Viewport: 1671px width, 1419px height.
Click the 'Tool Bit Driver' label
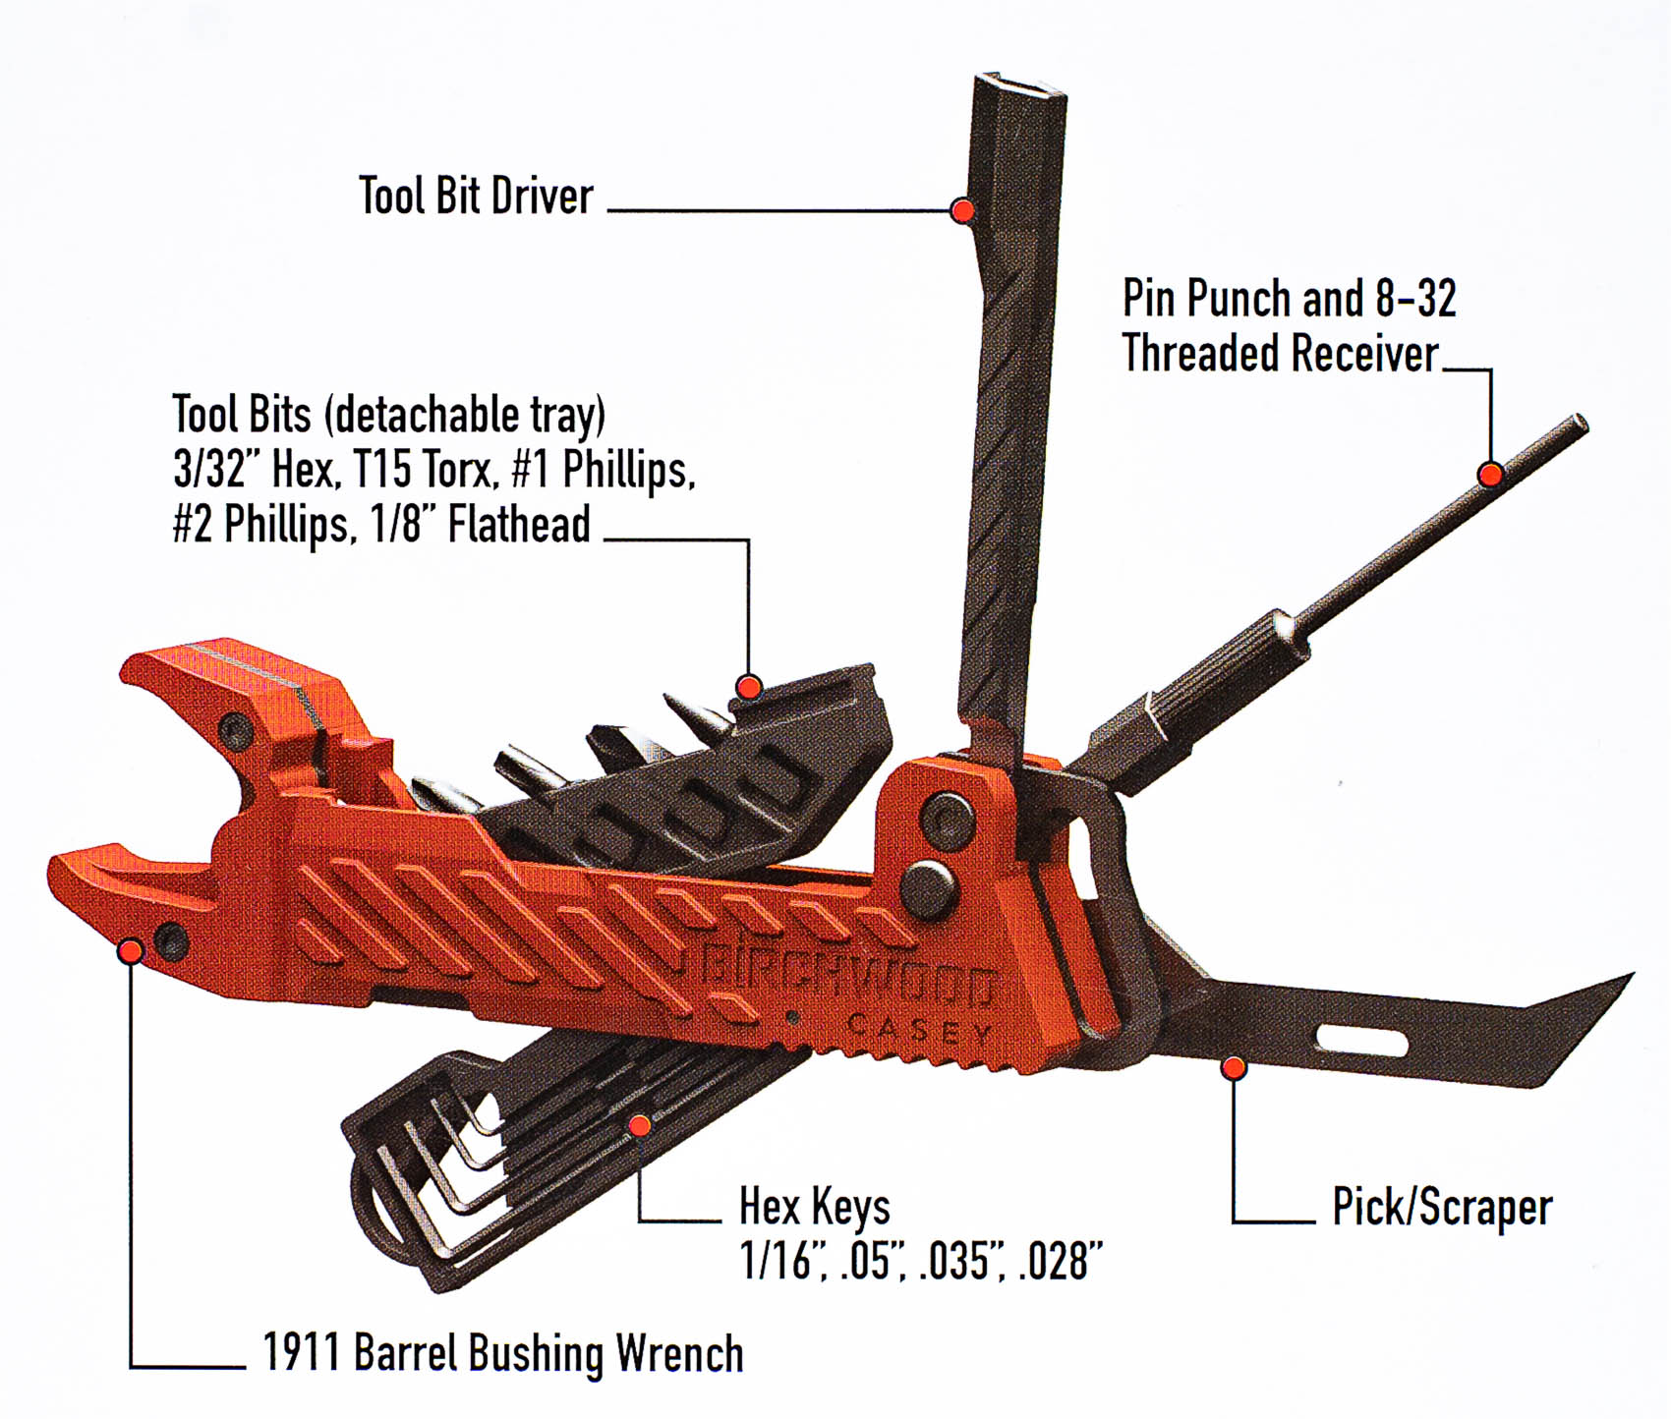[476, 196]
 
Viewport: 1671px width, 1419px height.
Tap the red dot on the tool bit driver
[963, 209]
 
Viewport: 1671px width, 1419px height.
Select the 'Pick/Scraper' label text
[1442, 1207]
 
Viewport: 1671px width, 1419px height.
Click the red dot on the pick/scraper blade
[1234, 1067]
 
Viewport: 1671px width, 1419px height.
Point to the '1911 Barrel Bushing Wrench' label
[503, 1353]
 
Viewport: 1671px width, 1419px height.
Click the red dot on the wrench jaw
[131, 950]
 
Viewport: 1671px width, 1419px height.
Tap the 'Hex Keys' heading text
[815, 1207]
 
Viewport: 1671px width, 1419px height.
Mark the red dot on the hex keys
[640, 1124]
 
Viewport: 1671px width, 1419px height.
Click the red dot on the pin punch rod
[1490, 474]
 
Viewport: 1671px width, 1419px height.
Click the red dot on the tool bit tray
[749, 686]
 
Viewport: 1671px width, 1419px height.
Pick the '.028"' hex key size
[1062, 1261]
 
